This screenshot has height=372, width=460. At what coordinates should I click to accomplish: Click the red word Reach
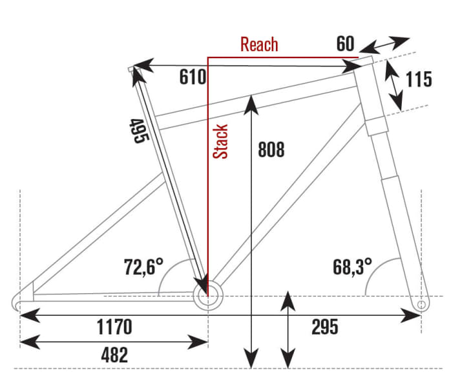[x=258, y=45]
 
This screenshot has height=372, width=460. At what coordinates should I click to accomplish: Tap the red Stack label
[x=222, y=142]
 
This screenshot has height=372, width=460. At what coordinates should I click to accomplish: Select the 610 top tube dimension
[x=193, y=78]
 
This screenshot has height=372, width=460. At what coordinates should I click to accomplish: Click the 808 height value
[x=271, y=149]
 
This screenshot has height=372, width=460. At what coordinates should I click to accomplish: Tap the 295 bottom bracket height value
[x=324, y=327]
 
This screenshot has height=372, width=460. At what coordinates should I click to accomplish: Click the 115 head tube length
[x=419, y=80]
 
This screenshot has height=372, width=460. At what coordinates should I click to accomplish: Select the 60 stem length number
[x=345, y=45]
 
